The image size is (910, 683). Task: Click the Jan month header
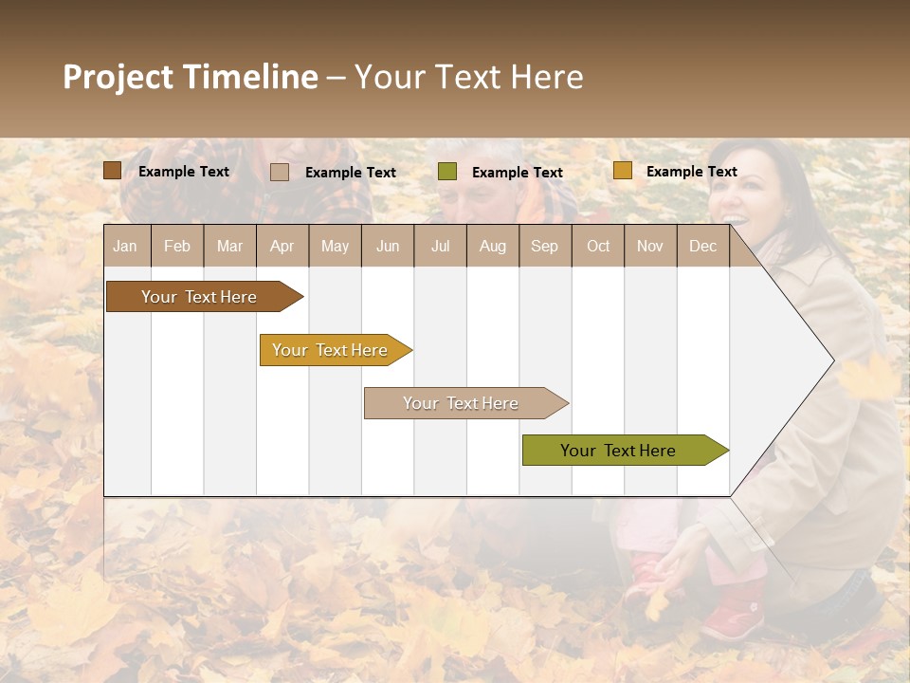pos(125,247)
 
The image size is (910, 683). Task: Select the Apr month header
pos(282,247)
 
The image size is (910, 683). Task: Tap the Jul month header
pos(440,247)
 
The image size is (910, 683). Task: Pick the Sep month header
pos(544,247)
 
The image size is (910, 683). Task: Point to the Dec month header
pos(702,247)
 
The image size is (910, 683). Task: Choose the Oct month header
pos(598,247)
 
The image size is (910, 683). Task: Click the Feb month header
pos(177,247)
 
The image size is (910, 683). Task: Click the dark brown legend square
pos(113,171)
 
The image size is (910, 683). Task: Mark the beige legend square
pos(280,172)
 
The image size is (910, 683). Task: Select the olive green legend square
pos(447,172)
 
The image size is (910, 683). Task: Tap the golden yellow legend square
pos(622,171)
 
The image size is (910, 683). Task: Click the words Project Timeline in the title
pos(191,77)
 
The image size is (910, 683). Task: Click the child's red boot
pos(735,617)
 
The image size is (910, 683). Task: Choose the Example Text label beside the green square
pos(517,173)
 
